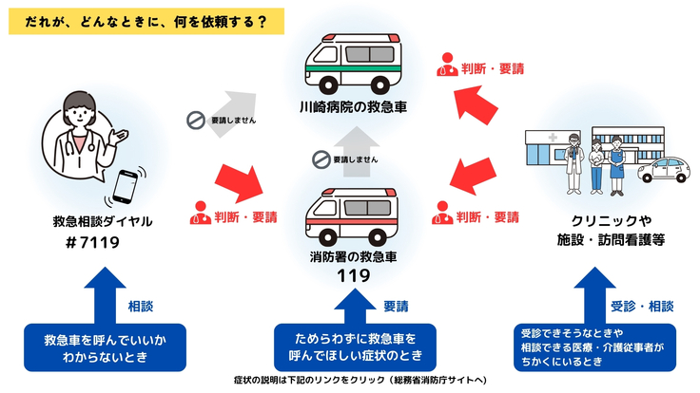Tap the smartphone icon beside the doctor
pyautogui.click(x=126, y=185)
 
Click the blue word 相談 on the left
pyautogui.click(x=141, y=306)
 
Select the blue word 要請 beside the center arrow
pyautogui.click(x=397, y=306)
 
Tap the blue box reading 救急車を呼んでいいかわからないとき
pyautogui.click(x=89, y=347)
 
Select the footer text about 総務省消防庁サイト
pyautogui.click(x=349, y=382)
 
